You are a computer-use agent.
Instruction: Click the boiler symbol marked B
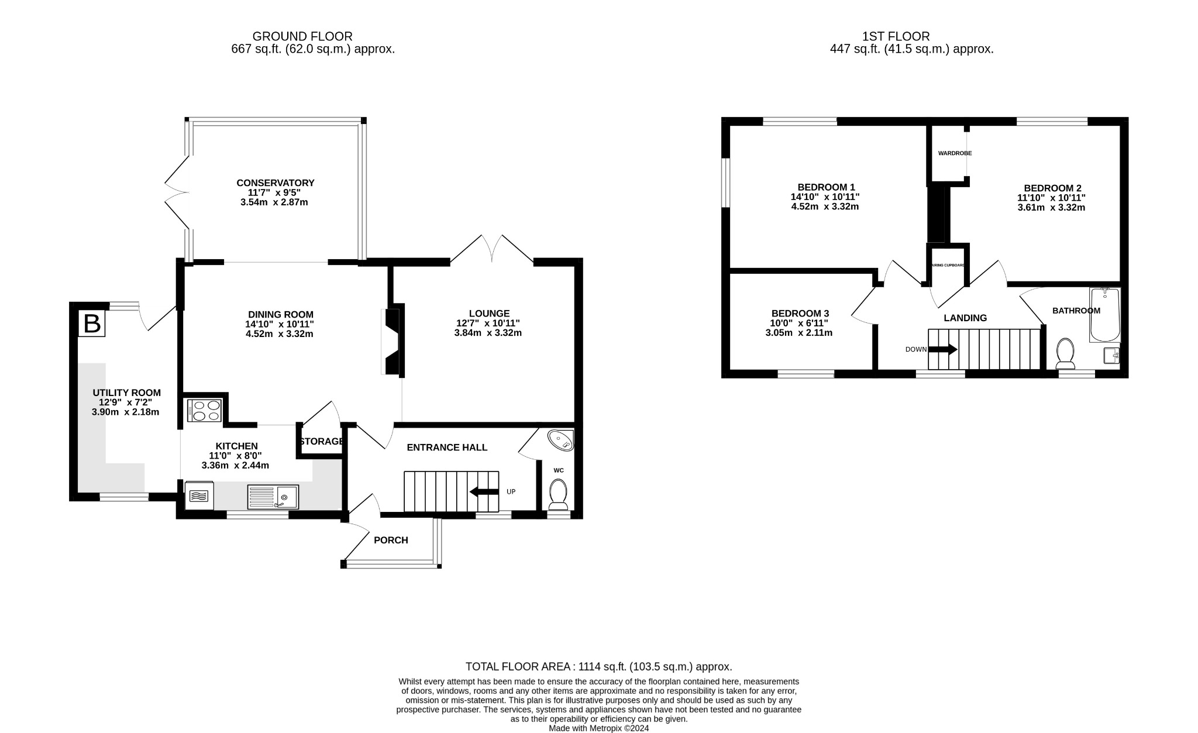click(x=92, y=324)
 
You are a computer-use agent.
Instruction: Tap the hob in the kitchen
click(x=204, y=409)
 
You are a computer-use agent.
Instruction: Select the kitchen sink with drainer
click(x=273, y=497)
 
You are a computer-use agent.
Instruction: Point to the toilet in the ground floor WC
click(x=558, y=495)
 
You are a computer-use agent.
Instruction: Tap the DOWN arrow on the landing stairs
click(x=942, y=349)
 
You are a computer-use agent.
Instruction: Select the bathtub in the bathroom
click(x=1104, y=314)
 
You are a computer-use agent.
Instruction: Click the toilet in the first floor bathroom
click(x=1065, y=353)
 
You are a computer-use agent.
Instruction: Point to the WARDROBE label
click(x=955, y=153)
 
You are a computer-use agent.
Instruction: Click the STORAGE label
click(x=321, y=441)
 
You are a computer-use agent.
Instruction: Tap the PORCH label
click(x=391, y=540)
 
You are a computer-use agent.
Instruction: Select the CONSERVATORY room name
click(x=275, y=183)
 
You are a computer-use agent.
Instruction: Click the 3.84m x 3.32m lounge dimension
click(x=488, y=333)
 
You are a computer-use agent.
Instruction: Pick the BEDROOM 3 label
click(x=800, y=313)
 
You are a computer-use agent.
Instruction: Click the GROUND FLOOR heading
click(x=302, y=36)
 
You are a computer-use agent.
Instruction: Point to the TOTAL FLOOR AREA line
click(x=598, y=666)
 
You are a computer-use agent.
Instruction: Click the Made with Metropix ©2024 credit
click(x=598, y=728)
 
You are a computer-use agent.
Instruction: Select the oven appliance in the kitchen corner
click(x=199, y=496)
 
